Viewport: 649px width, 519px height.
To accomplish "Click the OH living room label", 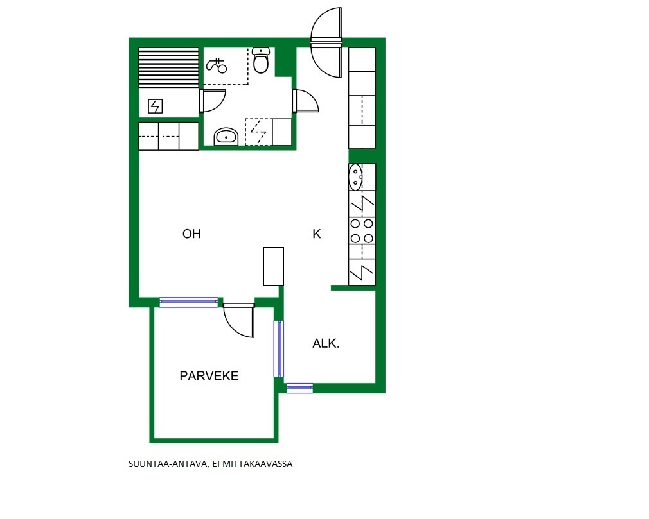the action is [x=191, y=234].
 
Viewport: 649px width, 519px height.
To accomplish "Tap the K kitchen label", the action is [x=317, y=234].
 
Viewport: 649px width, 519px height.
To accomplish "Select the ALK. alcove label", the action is [x=326, y=343].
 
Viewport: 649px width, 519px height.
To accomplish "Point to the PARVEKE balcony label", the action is [x=209, y=376].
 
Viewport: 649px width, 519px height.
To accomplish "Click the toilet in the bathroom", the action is [x=261, y=60].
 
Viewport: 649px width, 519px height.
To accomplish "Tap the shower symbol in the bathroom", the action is [x=217, y=65].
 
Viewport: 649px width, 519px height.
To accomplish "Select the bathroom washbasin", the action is [x=226, y=137].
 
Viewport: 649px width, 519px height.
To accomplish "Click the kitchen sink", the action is [x=355, y=177].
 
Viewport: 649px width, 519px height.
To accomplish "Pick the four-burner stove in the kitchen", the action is [x=362, y=230].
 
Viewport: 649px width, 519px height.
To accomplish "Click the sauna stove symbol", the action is [x=156, y=106].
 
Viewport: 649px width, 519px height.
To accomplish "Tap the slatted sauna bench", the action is [x=168, y=67].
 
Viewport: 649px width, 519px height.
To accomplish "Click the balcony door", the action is [x=239, y=320].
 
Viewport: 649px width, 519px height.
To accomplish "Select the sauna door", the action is [x=211, y=101].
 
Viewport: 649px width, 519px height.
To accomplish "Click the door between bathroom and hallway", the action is [x=305, y=101].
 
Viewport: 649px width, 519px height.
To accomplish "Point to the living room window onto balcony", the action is [x=189, y=302].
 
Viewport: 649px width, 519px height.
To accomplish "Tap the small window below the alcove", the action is [x=299, y=387].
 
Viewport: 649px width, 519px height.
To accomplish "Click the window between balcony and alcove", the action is [x=279, y=348].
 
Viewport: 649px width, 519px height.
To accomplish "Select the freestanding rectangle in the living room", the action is [x=273, y=266].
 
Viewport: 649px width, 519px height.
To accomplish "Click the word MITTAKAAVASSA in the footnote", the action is [x=258, y=464].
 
